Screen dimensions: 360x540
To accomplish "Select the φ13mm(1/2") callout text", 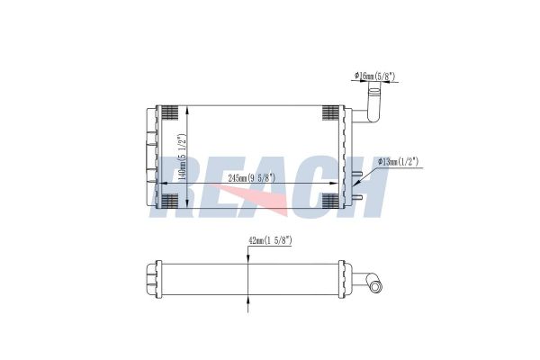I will coord(397,161).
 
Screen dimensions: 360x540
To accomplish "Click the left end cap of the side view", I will coord(151,274).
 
